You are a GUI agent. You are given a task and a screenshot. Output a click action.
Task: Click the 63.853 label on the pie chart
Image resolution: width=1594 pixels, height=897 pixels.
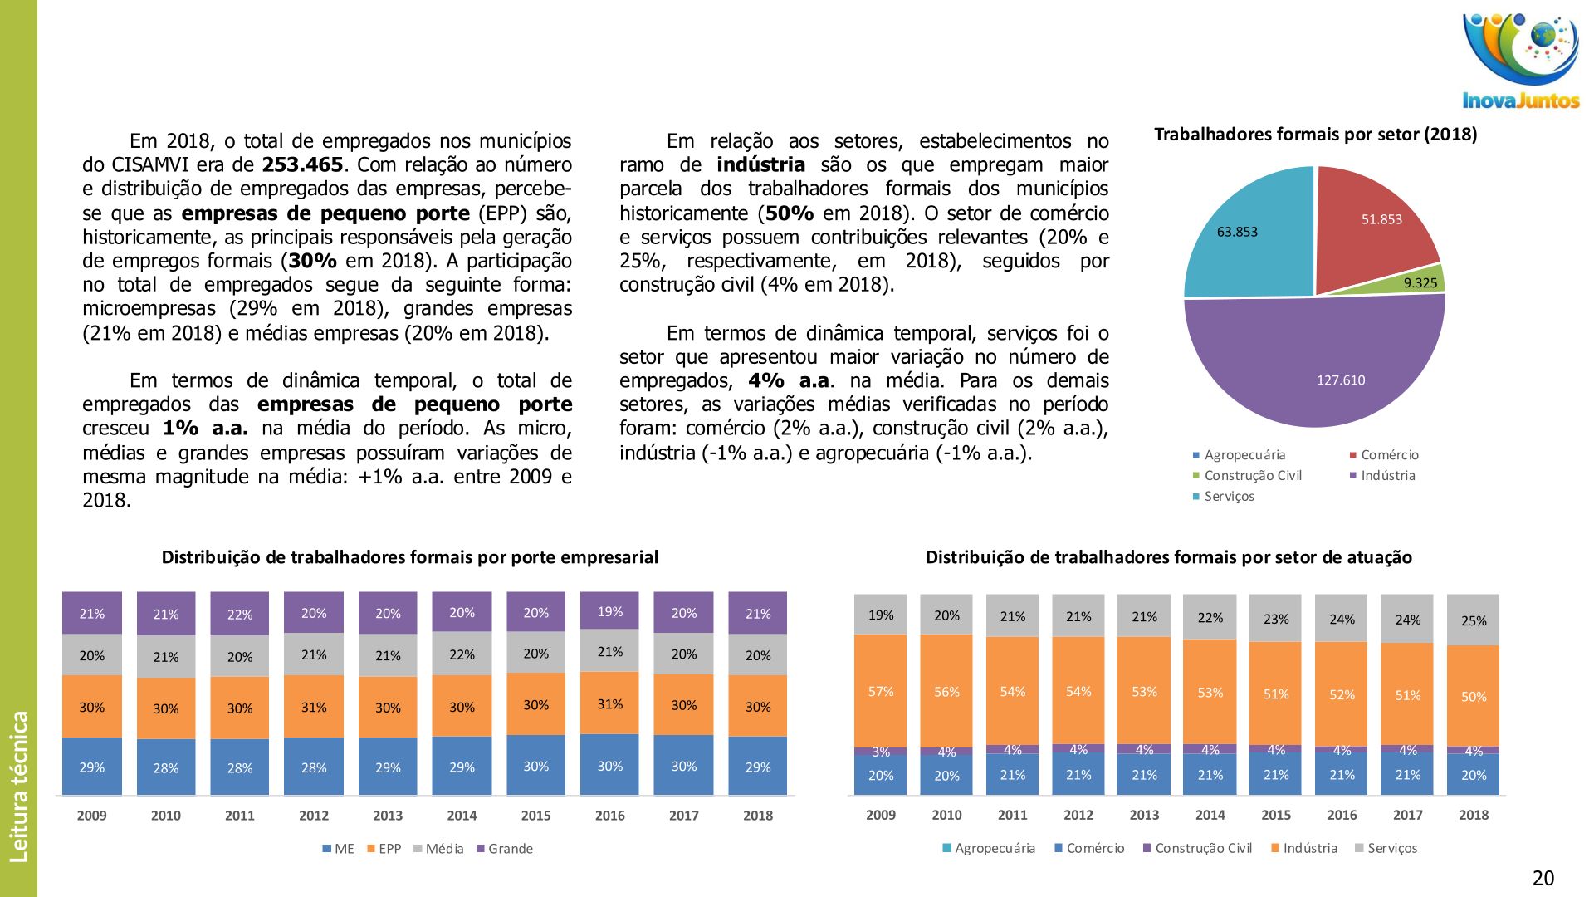1237,232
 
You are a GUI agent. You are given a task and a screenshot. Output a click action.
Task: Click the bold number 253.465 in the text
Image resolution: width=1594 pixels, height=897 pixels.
302,165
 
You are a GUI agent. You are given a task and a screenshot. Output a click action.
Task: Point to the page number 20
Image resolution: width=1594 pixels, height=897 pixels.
1543,878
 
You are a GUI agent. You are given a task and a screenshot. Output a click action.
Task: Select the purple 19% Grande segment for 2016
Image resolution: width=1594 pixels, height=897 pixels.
609,610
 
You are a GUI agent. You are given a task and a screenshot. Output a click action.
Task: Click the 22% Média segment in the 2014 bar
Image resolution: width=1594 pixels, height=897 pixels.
462,654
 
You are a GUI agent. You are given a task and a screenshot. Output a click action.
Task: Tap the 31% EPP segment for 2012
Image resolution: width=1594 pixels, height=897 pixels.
314,706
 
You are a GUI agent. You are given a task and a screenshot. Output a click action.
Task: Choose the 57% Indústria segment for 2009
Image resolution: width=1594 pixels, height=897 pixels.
881,691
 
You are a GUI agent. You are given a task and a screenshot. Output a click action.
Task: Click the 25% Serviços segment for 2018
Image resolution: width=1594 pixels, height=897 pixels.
1474,620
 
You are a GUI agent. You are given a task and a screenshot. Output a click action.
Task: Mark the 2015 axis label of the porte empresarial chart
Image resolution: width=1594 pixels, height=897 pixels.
535,816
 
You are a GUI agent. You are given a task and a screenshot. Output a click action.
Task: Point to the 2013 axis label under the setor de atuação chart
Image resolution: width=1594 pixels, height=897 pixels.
1144,815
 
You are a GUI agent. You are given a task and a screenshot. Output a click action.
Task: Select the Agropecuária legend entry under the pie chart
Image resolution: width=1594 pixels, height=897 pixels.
1239,455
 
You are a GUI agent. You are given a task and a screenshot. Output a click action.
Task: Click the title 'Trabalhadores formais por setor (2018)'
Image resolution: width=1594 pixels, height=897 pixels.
1315,135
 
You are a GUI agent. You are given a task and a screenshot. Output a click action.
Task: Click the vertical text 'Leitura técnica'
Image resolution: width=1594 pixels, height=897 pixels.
18,786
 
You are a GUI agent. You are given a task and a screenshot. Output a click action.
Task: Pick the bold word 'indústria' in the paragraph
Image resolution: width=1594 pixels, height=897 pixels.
760,165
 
